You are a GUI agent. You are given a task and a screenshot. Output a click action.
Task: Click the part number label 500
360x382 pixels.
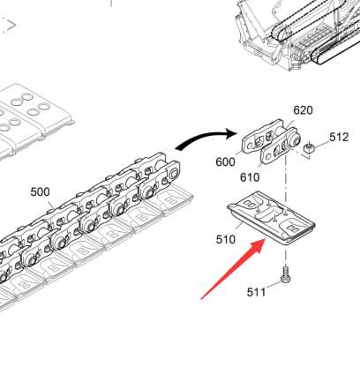coord(40,192)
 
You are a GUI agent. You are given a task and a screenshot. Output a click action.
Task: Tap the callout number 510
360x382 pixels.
coord(226,240)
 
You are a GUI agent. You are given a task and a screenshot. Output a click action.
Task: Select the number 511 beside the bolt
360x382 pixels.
coord(256,292)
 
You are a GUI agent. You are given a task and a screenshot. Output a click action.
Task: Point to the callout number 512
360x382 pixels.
coord(339,137)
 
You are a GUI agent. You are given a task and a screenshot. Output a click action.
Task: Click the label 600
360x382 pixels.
coord(225,162)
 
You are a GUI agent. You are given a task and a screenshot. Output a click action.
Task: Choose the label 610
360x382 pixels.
coord(250,177)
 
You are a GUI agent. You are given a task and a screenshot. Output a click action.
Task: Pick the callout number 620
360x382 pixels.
coord(303,110)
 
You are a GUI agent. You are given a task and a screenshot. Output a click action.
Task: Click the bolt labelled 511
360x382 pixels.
coord(286,274)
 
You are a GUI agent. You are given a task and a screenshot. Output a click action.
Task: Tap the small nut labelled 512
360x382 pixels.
coord(309,147)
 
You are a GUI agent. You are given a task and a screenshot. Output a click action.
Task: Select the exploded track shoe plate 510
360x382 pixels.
coord(271,218)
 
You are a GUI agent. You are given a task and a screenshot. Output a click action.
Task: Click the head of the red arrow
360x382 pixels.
coord(258,245)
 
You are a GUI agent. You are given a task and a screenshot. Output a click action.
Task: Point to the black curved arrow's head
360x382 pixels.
coord(231,134)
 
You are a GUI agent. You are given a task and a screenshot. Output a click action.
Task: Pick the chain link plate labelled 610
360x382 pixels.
coord(276,150)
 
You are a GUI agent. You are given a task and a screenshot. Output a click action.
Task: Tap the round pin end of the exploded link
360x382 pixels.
coord(294,139)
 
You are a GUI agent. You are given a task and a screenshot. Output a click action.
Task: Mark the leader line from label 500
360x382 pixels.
coord(50,204)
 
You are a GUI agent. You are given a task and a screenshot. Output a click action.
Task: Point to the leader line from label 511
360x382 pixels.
coord(274,285)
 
